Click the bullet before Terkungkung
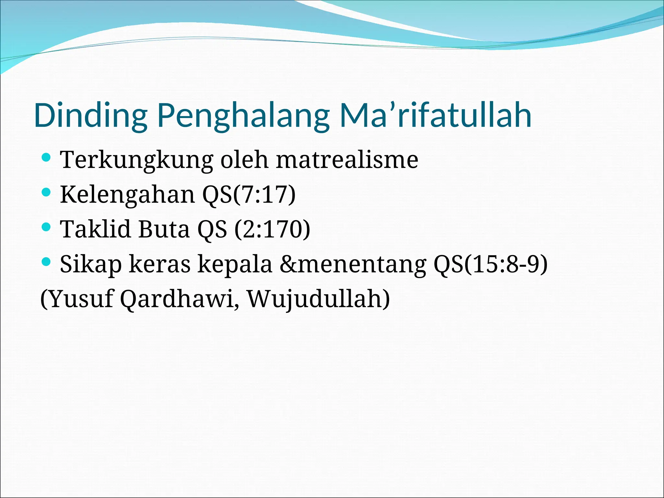pos(46,158)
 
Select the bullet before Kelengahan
pos(46,193)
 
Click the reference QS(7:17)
pos(249,195)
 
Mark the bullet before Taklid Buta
pos(46,227)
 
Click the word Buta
pos(164,229)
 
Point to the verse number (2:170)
pos(272,229)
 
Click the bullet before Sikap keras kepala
pos(46,261)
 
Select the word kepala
pos(235,264)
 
